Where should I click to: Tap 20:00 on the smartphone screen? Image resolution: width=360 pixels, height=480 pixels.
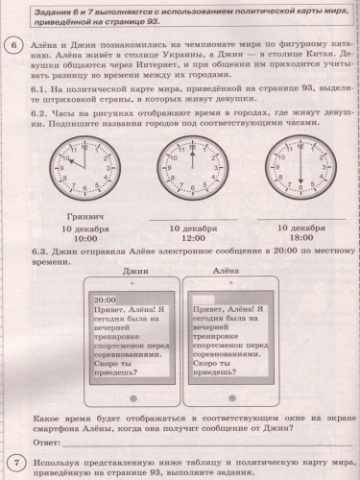pos(107,300)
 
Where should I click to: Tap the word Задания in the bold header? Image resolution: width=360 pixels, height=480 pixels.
pos(49,9)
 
